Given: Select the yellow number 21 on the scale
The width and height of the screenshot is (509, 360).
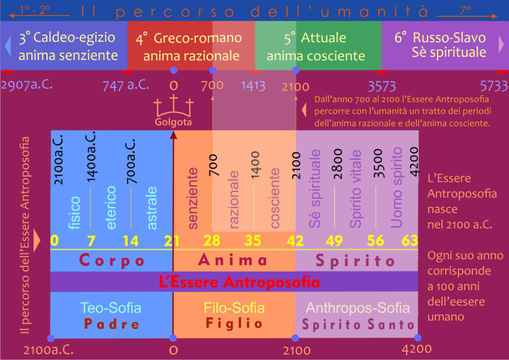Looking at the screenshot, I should [x=172, y=241].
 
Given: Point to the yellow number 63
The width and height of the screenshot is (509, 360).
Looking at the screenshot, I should [x=410, y=241].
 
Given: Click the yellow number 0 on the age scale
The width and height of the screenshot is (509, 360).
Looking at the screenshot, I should [x=54, y=241].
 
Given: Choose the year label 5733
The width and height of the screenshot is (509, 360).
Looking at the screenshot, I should [x=494, y=85].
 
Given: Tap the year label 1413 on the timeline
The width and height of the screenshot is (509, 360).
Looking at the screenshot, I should [x=253, y=85].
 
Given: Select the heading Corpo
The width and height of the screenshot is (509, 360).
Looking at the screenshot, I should [x=112, y=261].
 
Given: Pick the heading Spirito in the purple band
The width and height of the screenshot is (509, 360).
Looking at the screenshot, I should [x=355, y=261].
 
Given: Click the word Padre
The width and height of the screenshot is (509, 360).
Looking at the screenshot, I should [x=112, y=324].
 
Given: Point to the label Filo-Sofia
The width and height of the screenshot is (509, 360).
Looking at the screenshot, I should [x=234, y=308].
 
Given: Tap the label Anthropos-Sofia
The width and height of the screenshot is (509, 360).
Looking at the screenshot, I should [x=358, y=308].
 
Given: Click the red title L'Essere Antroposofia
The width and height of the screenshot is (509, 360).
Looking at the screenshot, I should [x=239, y=282].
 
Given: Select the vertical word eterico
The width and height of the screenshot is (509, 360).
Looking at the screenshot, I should [x=111, y=208].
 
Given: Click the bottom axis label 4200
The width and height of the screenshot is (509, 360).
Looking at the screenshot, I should [x=417, y=350].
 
